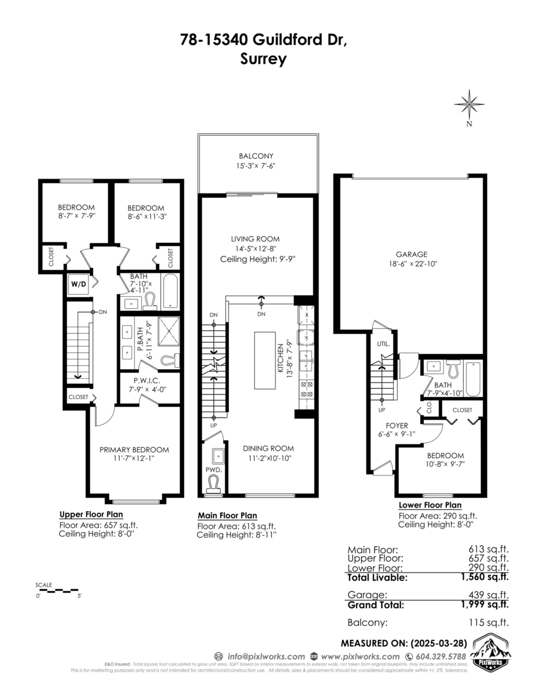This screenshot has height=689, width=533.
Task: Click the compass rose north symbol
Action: click(470, 106)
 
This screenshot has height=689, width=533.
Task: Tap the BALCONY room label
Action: click(256, 156)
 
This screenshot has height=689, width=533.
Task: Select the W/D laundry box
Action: click(78, 284)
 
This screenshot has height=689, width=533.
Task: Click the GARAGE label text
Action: click(411, 254)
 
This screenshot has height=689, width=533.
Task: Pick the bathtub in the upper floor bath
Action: click(170, 293)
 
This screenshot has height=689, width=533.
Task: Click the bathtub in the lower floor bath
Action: click(473, 378)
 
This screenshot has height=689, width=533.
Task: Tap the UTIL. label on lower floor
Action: click(383, 344)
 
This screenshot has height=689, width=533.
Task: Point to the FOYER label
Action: click(397, 425)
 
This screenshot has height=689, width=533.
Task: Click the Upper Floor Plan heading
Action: click(91, 514)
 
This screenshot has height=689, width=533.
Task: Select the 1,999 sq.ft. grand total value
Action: click(488, 605)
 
